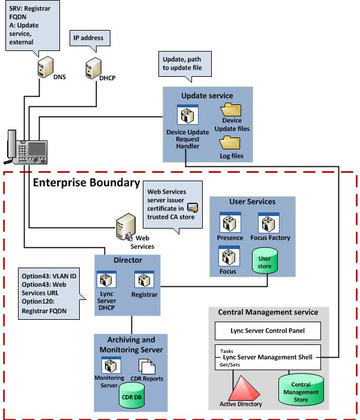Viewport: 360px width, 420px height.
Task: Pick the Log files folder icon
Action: (x=230, y=143)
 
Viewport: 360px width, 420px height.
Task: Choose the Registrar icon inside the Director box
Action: (x=144, y=280)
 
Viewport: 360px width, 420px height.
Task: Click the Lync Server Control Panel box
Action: (x=267, y=331)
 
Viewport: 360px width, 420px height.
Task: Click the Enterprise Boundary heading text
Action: (x=86, y=182)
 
